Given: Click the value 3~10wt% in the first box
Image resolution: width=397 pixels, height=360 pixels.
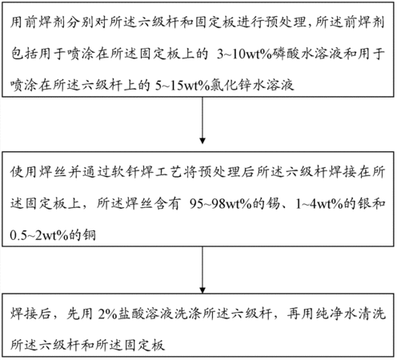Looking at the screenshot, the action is tap(244, 54).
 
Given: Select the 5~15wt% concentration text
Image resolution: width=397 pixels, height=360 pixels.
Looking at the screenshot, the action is tap(182, 86).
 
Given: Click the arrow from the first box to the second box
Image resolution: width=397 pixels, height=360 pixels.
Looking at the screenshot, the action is tap(203, 120).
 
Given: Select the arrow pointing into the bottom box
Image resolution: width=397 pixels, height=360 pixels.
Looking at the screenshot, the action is tap(203, 270).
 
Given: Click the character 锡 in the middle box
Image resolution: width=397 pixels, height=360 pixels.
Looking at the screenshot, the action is tap(273, 204).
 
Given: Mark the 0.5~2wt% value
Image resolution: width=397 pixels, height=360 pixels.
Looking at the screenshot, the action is tap(39, 235).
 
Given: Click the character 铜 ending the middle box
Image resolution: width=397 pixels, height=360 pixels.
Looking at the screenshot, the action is tap(89, 235).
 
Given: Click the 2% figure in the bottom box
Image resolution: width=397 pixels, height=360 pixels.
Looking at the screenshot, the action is tap(107, 314).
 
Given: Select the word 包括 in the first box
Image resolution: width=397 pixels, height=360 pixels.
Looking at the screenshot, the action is tap(24, 54).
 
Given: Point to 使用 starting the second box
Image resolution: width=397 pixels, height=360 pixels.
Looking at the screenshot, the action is tap(24, 172).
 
